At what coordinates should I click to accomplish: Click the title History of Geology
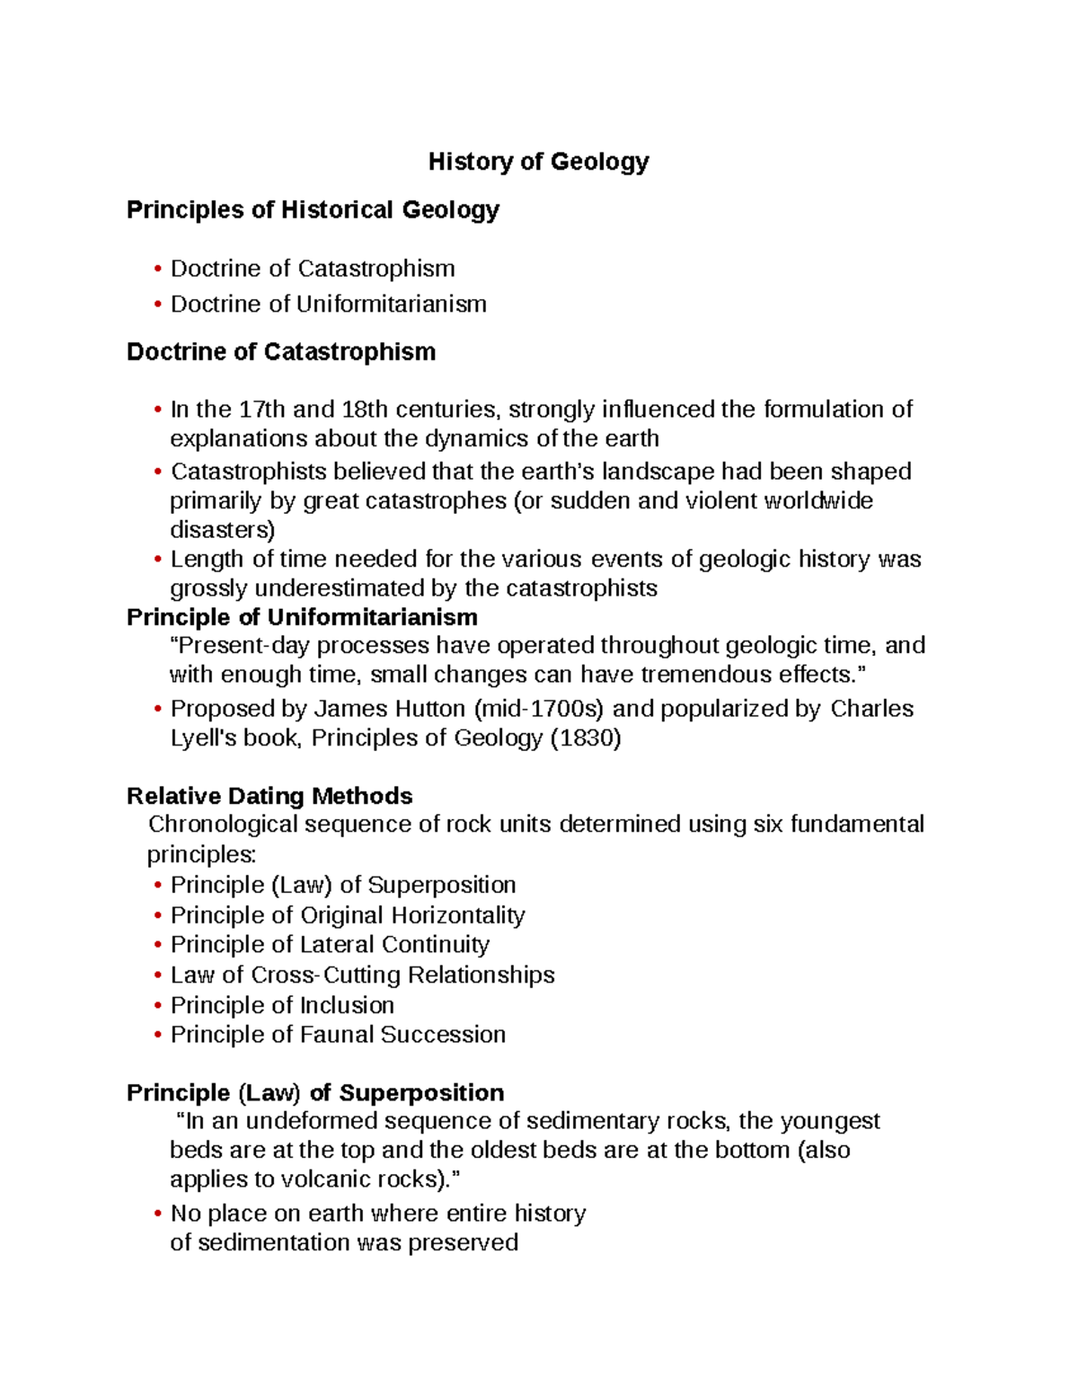coord(538,162)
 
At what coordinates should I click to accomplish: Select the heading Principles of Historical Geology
coord(313,210)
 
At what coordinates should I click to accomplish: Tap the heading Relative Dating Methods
coord(269,796)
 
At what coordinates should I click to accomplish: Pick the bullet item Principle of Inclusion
coord(282,1005)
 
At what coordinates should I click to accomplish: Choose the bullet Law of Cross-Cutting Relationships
coord(362,975)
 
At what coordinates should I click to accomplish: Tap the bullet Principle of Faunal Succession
coord(338,1035)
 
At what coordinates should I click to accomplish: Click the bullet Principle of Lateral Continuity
coord(330,945)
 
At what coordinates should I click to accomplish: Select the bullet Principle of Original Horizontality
coord(348,915)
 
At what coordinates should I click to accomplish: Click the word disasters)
coord(223,530)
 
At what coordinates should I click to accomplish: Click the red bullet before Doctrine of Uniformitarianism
coord(158,305)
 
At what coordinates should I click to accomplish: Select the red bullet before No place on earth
coord(158,1214)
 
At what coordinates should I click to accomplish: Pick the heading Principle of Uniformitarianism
coord(302,617)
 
